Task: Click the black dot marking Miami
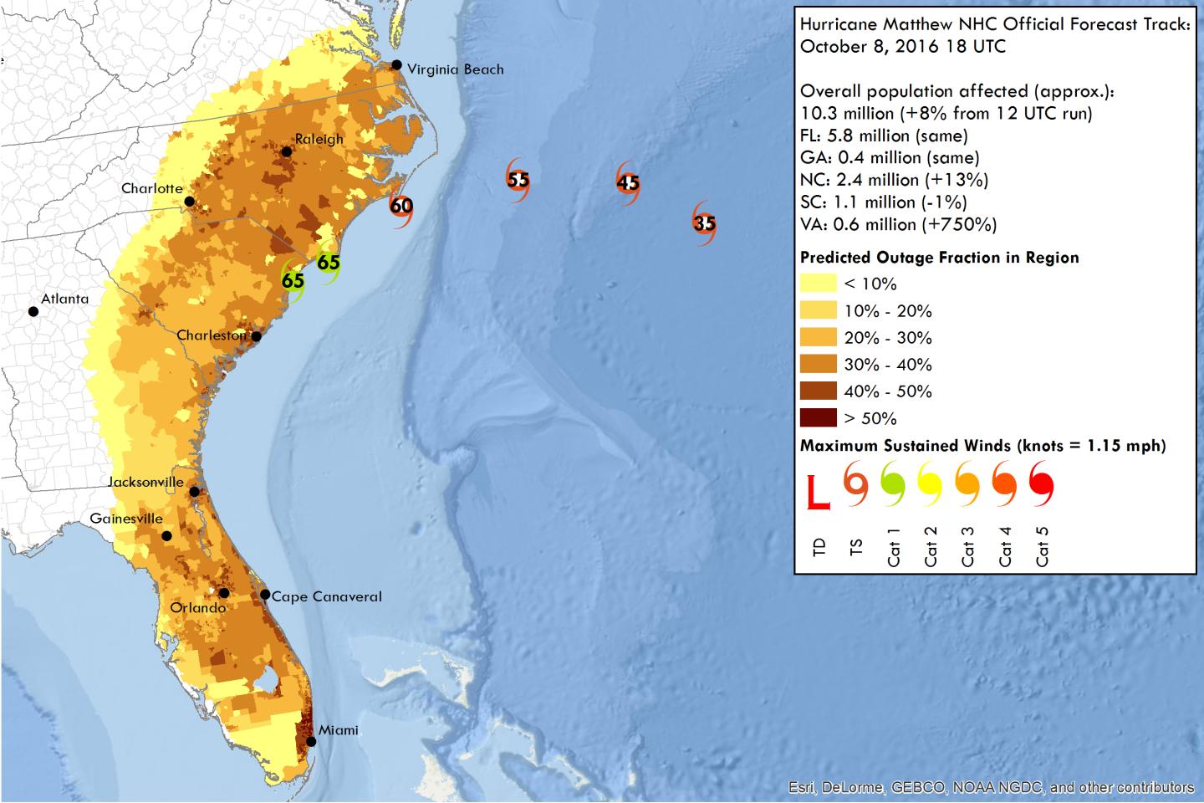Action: pyautogui.click(x=311, y=741)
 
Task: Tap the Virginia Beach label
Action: pyautogui.click(x=455, y=69)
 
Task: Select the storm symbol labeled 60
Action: pyautogui.click(x=401, y=206)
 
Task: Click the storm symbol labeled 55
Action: pyautogui.click(x=518, y=180)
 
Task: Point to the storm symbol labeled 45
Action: pyautogui.click(x=628, y=183)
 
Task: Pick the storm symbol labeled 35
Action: pyautogui.click(x=704, y=223)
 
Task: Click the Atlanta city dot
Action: pyautogui.click(x=33, y=312)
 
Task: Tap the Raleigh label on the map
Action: pyautogui.click(x=319, y=139)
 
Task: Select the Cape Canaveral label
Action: pyautogui.click(x=326, y=596)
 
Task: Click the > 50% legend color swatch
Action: pyautogui.click(x=818, y=418)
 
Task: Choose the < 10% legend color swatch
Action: pyautogui.click(x=818, y=284)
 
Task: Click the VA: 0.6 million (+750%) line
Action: pyautogui.click(x=898, y=224)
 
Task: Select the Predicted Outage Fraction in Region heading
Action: pyautogui.click(x=939, y=258)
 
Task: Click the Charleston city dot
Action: pyautogui.click(x=257, y=336)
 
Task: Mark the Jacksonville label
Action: pyautogui.click(x=145, y=482)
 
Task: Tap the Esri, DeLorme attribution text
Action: pyautogui.click(x=991, y=787)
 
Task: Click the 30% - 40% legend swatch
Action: pyautogui.click(x=818, y=365)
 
